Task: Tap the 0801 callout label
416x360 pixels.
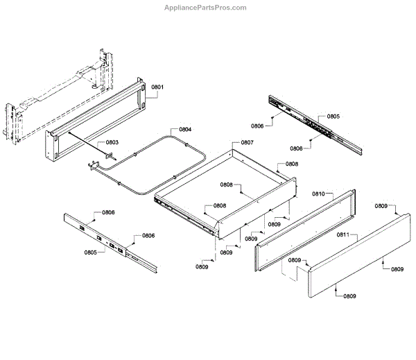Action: [157, 87]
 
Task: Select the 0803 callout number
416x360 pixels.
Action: [112, 143]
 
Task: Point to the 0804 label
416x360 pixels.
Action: [186, 130]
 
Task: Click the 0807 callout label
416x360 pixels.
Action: [247, 143]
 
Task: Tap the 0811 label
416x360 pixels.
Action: [343, 236]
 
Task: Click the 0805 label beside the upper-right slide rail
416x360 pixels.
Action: [333, 117]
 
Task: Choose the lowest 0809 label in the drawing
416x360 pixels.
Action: [349, 296]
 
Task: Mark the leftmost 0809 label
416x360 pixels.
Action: [202, 267]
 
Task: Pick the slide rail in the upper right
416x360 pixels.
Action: [315, 125]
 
